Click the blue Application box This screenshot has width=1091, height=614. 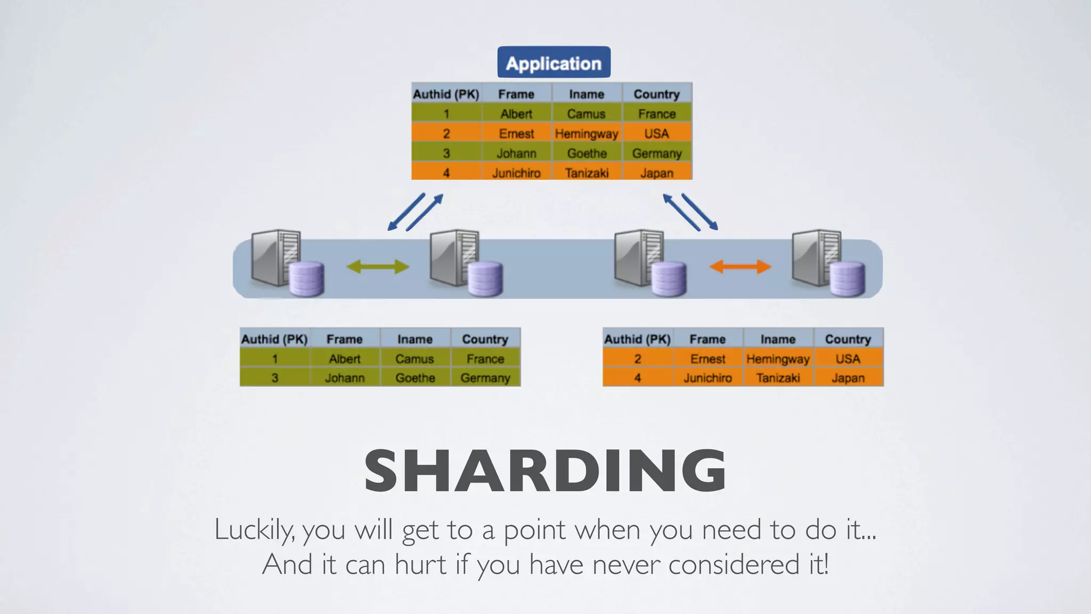tap(553, 63)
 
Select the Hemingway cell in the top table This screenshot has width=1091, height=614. tap(587, 134)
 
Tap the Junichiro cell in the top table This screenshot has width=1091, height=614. tap(516, 173)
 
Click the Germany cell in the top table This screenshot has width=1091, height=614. tap(657, 153)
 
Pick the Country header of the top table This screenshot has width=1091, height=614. tap(657, 94)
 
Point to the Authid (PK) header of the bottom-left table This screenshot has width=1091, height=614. tap(274, 340)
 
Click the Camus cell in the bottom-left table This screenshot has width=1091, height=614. tap(414, 359)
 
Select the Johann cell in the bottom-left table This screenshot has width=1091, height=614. tap(345, 378)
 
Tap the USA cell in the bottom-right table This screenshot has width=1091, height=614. tap(848, 359)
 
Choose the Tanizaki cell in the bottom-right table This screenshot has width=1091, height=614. tap(778, 378)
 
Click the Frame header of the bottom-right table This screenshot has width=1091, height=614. tap(707, 340)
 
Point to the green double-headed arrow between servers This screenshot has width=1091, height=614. tap(378, 266)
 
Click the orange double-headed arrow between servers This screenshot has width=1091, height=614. tap(740, 266)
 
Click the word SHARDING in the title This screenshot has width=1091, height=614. tap(545, 471)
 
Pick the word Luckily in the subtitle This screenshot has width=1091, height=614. tap(253, 530)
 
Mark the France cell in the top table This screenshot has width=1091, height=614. tap(657, 114)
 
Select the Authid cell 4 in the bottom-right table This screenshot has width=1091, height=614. tap(638, 378)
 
